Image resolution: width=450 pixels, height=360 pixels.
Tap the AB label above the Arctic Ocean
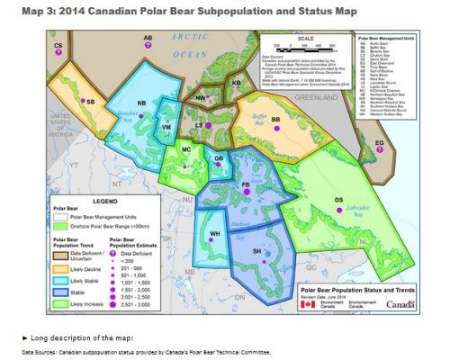148,38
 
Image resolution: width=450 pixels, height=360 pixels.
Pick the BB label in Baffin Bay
276,119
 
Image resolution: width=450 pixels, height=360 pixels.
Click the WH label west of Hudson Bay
215,234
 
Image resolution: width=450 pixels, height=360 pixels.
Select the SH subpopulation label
256,251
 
